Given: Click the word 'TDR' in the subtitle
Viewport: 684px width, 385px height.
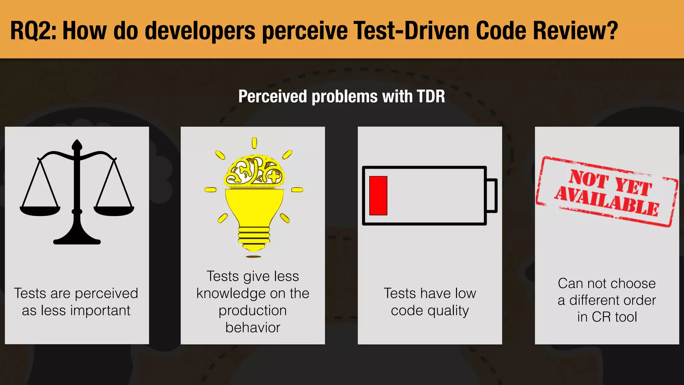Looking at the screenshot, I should (x=431, y=97).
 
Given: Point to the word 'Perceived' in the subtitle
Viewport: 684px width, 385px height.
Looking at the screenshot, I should (x=273, y=97).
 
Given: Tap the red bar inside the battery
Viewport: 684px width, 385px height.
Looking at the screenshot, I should (x=378, y=196).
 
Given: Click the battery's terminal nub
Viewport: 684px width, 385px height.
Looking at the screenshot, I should (x=492, y=196).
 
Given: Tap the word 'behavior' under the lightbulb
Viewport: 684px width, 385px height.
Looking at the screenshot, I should (x=253, y=328).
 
